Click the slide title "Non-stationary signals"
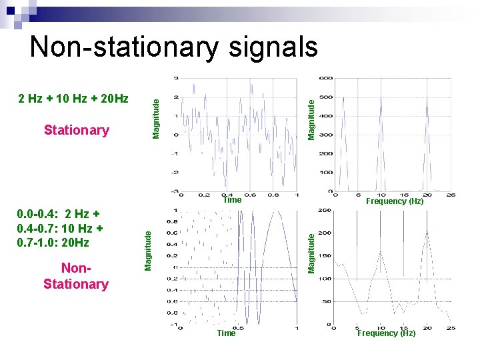[174, 47]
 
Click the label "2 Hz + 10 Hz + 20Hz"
[73, 99]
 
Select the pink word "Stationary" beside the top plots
[76, 130]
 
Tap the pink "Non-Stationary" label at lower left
[75, 276]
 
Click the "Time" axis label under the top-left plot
[232, 200]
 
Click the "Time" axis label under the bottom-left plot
[227, 333]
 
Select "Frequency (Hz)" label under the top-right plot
[395, 201]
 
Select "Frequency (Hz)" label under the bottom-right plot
[386, 333]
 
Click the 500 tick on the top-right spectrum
[325, 97]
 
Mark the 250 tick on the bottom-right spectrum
[325, 211]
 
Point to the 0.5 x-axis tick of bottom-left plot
[238, 328]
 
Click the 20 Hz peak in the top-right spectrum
[426, 100]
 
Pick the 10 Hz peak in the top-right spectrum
[380, 100]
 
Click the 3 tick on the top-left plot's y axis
[176, 79]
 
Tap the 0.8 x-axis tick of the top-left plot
[272, 195]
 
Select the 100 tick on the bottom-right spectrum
[325, 279]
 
